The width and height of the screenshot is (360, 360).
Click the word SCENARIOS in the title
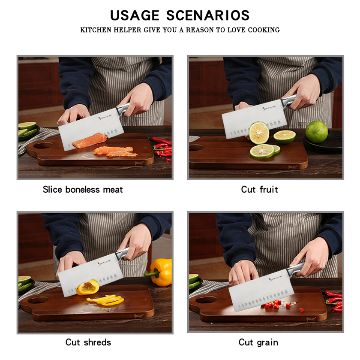pyautogui.click(x=208, y=15)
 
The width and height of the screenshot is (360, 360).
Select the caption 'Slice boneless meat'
pyautogui.click(x=83, y=189)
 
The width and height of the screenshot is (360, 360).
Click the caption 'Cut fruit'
pyautogui.click(x=259, y=189)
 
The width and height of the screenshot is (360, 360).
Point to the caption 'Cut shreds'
pyautogui.click(x=88, y=342)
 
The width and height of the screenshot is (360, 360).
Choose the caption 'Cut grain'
pyautogui.click(x=258, y=342)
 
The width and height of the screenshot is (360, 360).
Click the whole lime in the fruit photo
pyautogui.click(x=316, y=132)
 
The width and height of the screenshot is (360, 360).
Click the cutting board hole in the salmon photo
pyautogui.click(x=43, y=146)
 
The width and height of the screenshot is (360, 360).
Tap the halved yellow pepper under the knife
pyautogui.click(x=88, y=287)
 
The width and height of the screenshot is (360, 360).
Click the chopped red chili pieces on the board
pyautogui.click(x=279, y=305)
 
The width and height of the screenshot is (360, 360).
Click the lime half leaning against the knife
pyautogui.click(x=259, y=133)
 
